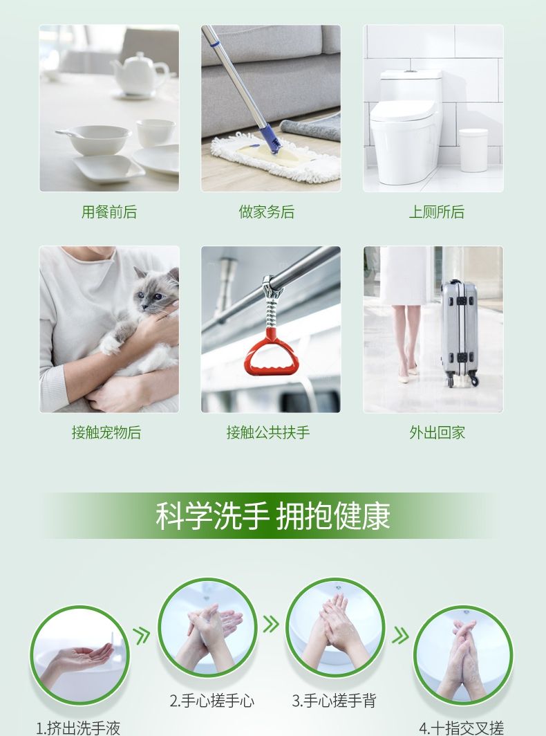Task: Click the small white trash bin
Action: click(x=473, y=149)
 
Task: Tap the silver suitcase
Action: click(x=460, y=332)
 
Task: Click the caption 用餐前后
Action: click(x=109, y=212)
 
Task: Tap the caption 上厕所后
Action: click(x=436, y=212)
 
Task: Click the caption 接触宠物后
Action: click(x=106, y=433)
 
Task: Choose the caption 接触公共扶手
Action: click(x=268, y=433)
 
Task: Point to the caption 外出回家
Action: click(x=437, y=433)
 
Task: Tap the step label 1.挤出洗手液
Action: click(x=78, y=728)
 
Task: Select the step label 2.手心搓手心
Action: click(x=212, y=701)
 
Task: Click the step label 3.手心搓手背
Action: click(x=334, y=701)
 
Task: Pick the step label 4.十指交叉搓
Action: click(x=462, y=728)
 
